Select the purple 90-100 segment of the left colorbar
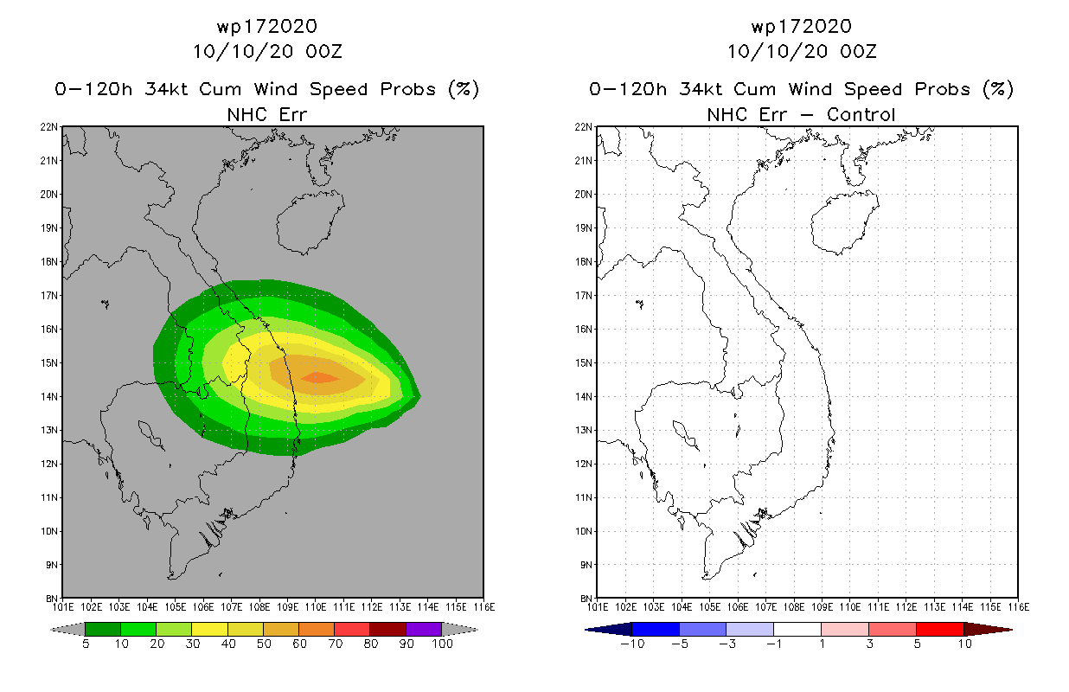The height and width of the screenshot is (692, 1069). [x=424, y=629]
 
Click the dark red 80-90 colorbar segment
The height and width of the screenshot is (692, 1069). [x=387, y=629]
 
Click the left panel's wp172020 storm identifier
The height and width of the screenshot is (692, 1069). [x=267, y=27]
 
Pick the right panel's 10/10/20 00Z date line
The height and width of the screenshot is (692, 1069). [x=801, y=51]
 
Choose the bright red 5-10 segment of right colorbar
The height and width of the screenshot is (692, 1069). [x=939, y=629]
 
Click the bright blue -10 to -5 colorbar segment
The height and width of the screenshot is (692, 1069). [x=656, y=629]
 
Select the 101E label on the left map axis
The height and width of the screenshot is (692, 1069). [x=63, y=607]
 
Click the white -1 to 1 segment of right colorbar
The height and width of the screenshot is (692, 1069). [x=797, y=629]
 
